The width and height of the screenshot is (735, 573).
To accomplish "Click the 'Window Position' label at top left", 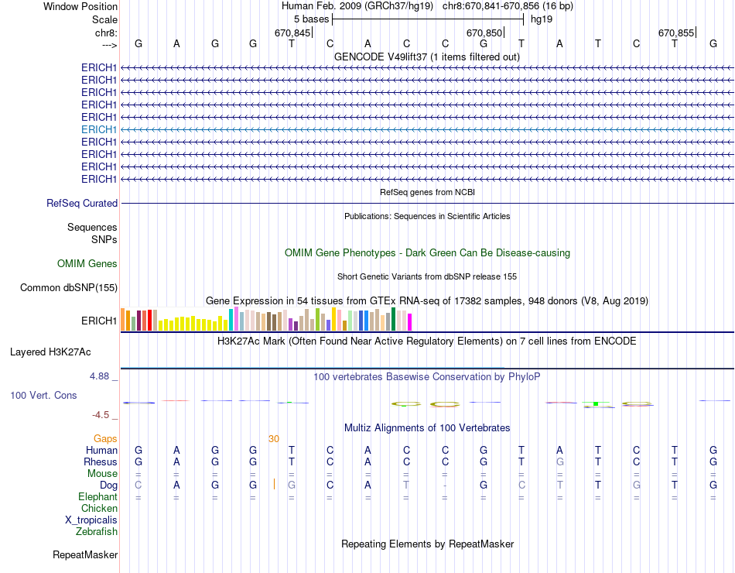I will (80, 6).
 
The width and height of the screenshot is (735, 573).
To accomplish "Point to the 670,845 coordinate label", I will (292, 33).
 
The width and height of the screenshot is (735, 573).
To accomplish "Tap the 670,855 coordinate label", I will (676, 33).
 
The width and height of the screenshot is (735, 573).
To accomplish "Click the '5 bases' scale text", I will (311, 19).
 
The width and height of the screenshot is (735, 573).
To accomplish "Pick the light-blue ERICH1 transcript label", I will (99, 129).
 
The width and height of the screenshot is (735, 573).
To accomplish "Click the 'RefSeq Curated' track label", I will (82, 204).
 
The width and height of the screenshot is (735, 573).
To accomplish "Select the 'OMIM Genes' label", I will (87, 264).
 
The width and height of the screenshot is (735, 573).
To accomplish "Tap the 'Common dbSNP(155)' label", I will (69, 288).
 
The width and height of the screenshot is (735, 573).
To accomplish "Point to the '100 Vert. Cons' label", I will (43, 396).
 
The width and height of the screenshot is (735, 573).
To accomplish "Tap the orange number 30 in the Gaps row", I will (274, 439).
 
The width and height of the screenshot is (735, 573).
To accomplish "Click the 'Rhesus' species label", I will (101, 462).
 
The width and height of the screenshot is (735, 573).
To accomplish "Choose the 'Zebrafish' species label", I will (97, 532).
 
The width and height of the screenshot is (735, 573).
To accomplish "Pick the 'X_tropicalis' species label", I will (91, 520).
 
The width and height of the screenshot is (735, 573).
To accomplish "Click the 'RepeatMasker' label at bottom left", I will (85, 555).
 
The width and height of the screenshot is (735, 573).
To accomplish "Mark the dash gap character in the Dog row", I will (446, 486).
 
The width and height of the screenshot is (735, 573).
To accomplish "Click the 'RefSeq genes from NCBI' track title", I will (427, 192).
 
